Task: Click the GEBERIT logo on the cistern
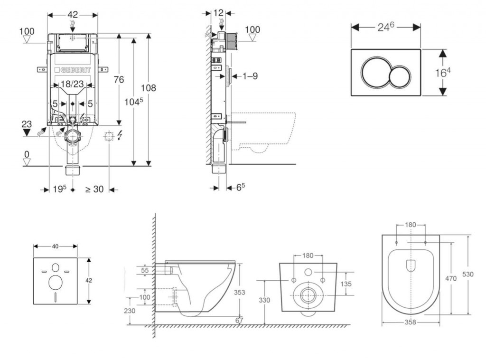[x=73, y=70]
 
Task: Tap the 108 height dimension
[x=149, y=88]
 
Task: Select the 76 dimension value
[x=119, y=79]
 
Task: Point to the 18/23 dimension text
[x=73, y=84]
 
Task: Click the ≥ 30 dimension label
[x=94, y=189]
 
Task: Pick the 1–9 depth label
[x=247, y=76]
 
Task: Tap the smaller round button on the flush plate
[x=400, y=76]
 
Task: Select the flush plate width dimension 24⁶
[x=386, y=28]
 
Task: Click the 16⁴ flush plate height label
[x=442, y=73]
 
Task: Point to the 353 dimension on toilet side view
[x=240, y=293]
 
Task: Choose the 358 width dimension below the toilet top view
[x=411, y=322]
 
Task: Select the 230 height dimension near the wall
[x=130, y=311]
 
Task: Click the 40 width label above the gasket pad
[x=56, y=246]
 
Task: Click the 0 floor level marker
[x=27, y=155]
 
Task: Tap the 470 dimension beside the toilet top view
[x=451, y=278]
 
